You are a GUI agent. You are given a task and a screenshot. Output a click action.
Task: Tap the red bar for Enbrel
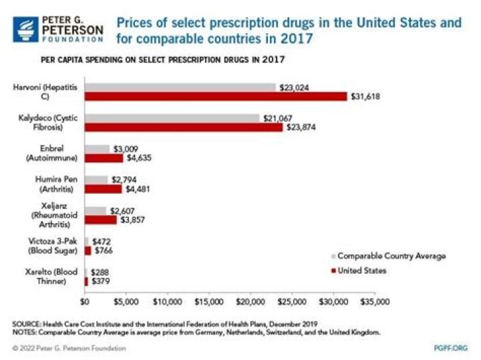point(104,158)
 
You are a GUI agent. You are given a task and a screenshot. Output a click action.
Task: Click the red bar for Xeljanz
point(100,220)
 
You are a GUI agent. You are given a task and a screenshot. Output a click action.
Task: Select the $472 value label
point(102,240)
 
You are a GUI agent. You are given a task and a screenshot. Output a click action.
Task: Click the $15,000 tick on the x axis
point(209,301)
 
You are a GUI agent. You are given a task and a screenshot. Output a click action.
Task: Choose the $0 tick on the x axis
point(84,301)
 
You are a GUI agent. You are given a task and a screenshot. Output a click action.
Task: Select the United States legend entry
point(361,271)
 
